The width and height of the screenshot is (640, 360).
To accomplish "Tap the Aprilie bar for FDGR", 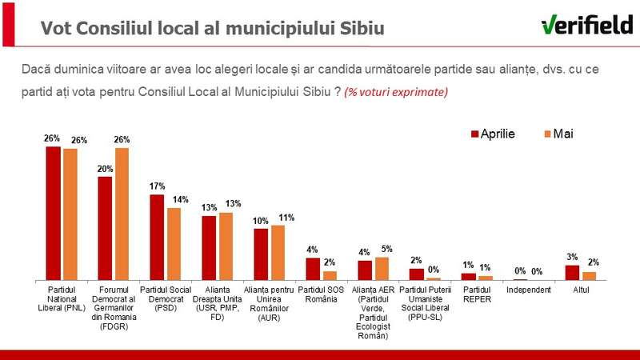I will [x=105, y=227].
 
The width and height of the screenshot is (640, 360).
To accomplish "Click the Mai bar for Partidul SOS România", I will [x=330, y=274].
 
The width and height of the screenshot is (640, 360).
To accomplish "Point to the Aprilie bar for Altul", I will [x=572, y=272].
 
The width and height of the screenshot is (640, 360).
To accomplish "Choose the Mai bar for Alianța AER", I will [x=382, y=268].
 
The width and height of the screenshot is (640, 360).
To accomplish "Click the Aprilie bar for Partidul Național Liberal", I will [x=53, y=213].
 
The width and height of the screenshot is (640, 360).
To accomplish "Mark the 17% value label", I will [x=157, y=187].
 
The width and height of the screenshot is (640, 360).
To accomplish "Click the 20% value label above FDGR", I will [x=105, y=169].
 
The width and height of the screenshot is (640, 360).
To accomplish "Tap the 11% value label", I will [x=286, y=218].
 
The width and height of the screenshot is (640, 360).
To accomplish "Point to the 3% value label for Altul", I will [x=572, y=257].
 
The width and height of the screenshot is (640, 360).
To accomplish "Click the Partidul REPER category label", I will [x=477, y=294].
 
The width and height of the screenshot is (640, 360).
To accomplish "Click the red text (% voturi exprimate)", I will [x=396, y=92].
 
